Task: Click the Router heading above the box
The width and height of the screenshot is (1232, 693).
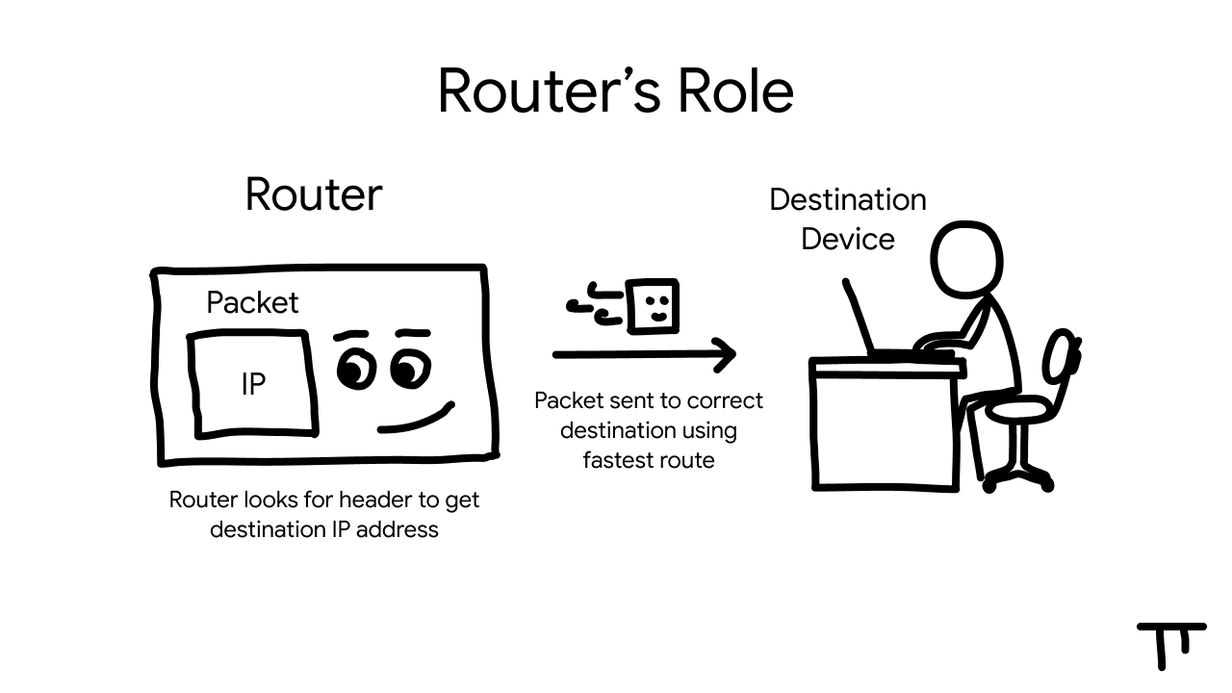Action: coord(314,194)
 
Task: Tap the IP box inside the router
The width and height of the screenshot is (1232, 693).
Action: coord(253,384)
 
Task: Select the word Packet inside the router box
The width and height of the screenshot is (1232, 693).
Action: coord(252,303)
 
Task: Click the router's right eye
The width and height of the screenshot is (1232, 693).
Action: coord(412,368)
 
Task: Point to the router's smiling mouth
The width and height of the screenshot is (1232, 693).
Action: coord(416,420)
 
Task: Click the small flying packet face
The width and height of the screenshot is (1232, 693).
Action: coord(653,306)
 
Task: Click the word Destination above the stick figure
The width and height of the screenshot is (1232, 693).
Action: coord(847,200)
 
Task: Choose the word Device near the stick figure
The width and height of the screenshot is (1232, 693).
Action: coord(847,239)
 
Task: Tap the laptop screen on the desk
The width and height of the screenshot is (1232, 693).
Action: coord(859,318)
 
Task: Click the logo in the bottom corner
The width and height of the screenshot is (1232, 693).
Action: coord(1170,643)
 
